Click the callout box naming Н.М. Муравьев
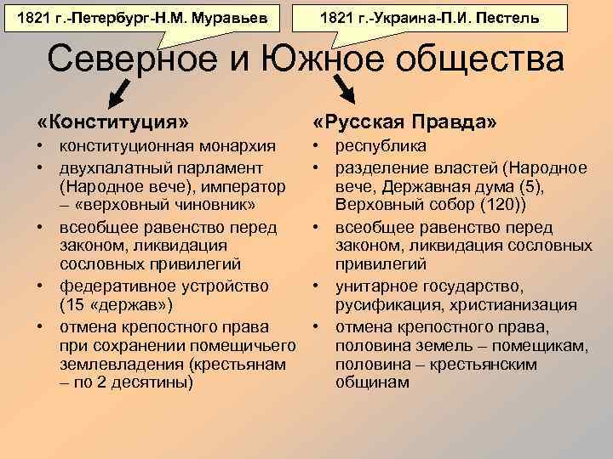pos(141,17)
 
